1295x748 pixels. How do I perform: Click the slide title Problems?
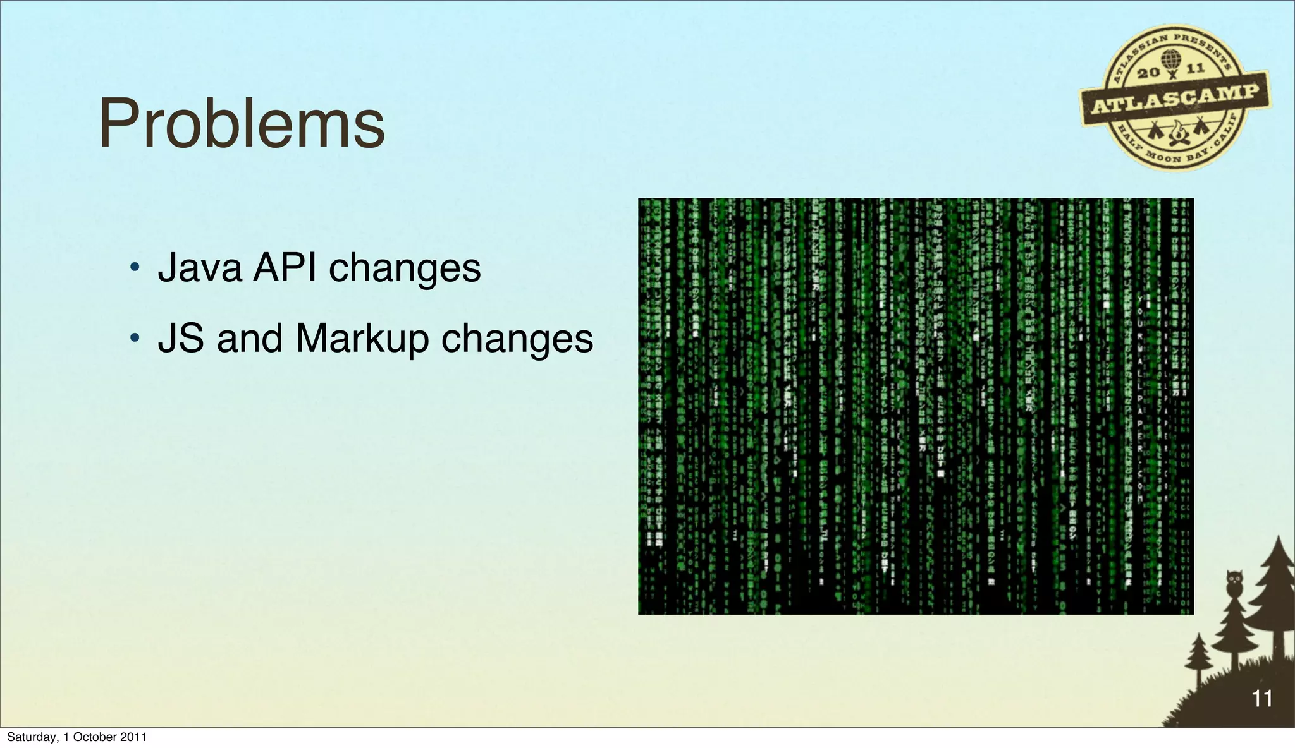click(242, 124)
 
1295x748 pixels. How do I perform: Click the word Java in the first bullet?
click(200, 268)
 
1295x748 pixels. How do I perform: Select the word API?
click(285, 268)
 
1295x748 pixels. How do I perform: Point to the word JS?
click(181, 339)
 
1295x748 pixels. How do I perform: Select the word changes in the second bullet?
click(517, 339)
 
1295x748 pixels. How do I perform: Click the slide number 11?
click(1261, 699)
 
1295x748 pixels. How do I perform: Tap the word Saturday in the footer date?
click(30, 737)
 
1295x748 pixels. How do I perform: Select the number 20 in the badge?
click(1148, 73)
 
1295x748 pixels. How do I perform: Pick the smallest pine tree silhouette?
click(1198, 657)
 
